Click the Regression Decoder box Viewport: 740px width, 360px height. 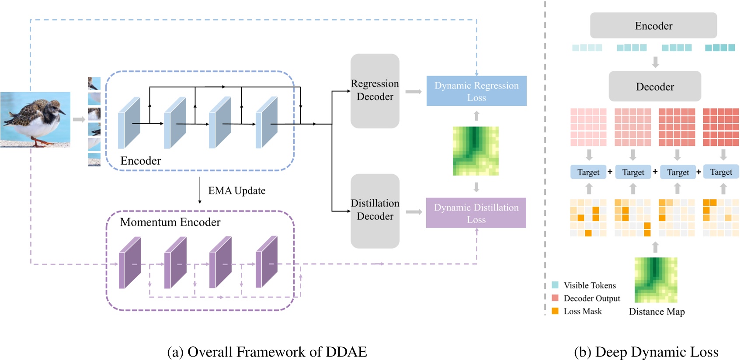click(x=375, y=90)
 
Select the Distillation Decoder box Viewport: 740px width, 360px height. click(x=375, y=211)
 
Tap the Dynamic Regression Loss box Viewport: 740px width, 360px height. click(x=476, y=91)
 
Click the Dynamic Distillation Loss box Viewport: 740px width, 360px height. click(x=476, y=213)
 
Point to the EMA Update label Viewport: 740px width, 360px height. click(x=236, y=190)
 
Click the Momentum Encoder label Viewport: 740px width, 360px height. click(x=170, y=222)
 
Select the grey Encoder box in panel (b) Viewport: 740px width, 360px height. click(x=653, y=25)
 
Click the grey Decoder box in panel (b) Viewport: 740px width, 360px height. click(x=654, y=87)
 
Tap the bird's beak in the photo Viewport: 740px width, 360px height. click(x=63, y=112)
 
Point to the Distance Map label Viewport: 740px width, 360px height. click(x=657, y=312)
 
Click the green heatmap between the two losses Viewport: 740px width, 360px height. click(x=476, y=151)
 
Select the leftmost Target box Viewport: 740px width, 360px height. click(x=588, y=172)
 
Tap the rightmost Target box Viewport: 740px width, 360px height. click(x=721, y=172)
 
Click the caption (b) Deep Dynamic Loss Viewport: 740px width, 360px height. click(x=646, y=352)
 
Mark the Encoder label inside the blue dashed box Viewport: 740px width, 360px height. click(x=140, y=161)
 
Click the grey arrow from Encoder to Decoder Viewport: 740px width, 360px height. click(x=655, y=62)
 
